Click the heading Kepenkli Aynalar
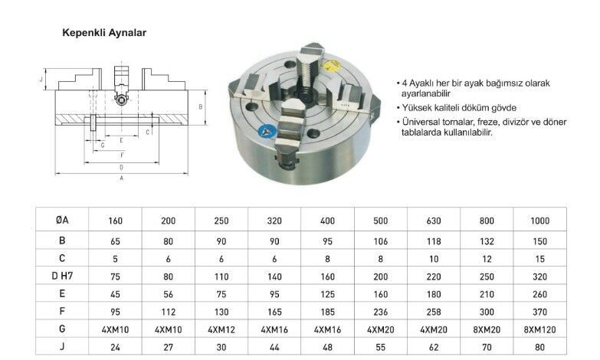[x=103, y=34]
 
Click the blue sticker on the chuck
[x=268, y=131]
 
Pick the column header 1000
[x=539, y=221]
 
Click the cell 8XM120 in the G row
[x=539, y=328]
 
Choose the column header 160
[x=116, y=221]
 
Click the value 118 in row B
[x=434, y=239]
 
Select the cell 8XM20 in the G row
[x=487, y=328]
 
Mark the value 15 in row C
[x=539, y=257]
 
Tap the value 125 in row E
[x=328, y=293]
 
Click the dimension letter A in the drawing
[x=121, y=178]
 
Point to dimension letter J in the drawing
[x=40, y=79]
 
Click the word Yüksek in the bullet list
[x=418, y=108]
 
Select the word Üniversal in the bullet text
[x=424, y=122]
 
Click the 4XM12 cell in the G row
[x=221, y=328]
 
